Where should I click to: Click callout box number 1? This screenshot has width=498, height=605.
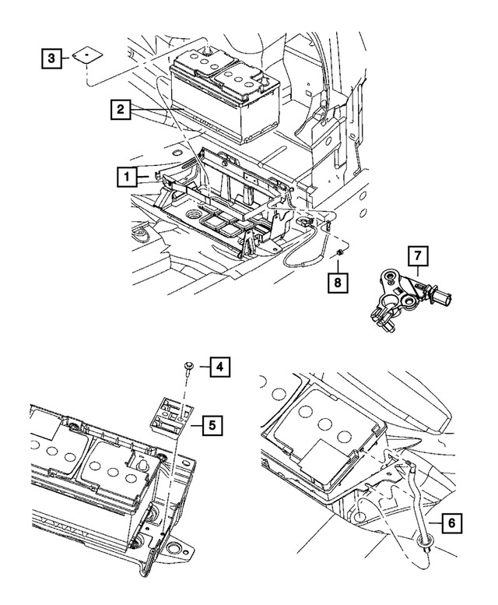point(124,177)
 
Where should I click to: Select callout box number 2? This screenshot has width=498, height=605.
point(120,111)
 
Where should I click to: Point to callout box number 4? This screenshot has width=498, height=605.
point(219,366)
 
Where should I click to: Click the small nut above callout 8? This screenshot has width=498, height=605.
point(340,255)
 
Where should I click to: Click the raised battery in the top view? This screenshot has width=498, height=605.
point(226,93)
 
